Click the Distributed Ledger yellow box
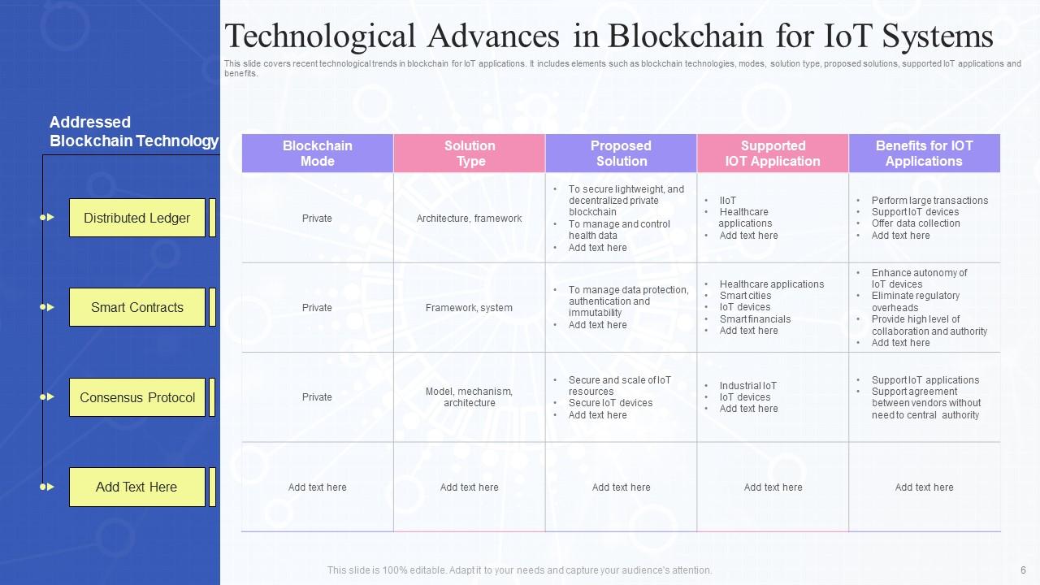[x=136, y=218]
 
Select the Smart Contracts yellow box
[x=136, y=307]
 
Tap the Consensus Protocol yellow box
[x=136, y=397]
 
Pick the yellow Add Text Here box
[x=136, y=487]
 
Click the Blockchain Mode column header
[x=317, y=154]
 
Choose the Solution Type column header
[x=470, y=154]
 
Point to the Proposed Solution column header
[x=621, y=154]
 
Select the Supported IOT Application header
[x=773, y=154]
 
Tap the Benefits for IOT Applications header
[x=924, y=154]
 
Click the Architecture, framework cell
[x=470, y=218]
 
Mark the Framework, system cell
[x=470, y=307]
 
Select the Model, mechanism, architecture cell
[x=470, y=397]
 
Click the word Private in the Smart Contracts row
[x=317, y=307]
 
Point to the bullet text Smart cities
[x=745, y=296]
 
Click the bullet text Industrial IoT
[x=747, y=386]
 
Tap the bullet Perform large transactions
[x=929, y=201]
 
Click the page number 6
[x=1023, y=570]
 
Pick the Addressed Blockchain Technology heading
[x=133, y=132]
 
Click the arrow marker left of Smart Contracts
[x=48, y=307]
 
